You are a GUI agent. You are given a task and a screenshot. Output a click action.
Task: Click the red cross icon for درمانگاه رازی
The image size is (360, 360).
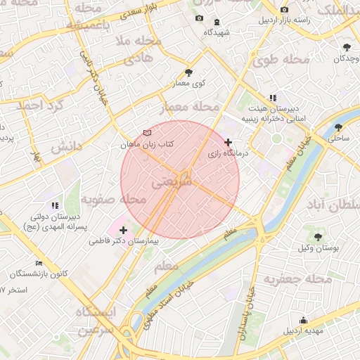(x=227, y=142)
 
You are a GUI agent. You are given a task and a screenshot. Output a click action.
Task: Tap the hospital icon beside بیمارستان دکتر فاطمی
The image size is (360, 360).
(x=124, y=230)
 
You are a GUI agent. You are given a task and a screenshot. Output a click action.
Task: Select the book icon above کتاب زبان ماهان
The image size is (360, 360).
(x=146, y=133)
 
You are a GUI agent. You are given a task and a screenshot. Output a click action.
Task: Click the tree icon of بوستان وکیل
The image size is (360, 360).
(x=319, y=237)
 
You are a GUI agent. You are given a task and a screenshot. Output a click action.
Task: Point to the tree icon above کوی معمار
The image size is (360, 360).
(x=188, y=72)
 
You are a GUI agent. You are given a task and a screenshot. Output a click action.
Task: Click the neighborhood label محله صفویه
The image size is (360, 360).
(x=113, y=200)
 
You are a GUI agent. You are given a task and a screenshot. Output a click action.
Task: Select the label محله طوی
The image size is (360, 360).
(x=280, y=60)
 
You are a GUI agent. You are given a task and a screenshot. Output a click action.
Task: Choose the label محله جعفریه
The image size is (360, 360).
(x=297, y=279)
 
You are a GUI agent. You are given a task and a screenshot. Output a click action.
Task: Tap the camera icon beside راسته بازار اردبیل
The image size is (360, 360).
(x=284, y=10)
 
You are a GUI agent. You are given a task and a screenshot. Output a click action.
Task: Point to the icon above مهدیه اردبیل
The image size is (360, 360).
(x=303, y=320)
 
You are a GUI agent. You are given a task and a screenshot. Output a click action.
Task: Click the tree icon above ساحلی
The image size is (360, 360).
(x=340, y=127)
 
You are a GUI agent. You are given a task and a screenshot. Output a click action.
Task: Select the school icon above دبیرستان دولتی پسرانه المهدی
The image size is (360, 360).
(x=55, y=205)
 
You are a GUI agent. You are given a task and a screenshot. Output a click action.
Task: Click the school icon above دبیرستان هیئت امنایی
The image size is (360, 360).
(x=273, y=98)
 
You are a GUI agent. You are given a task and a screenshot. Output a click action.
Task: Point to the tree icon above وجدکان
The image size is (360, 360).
(x=347, y=47)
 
